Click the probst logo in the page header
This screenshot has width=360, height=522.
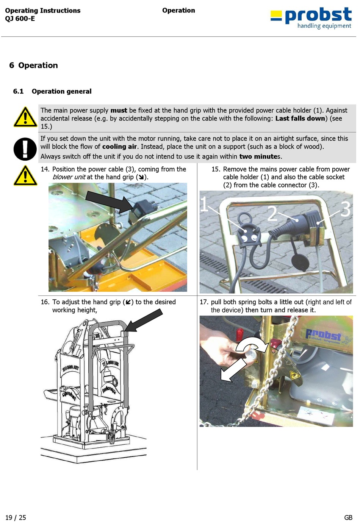[311, 18]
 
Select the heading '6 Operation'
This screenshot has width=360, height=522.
[34, 65]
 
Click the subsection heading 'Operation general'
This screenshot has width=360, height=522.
[61, 91]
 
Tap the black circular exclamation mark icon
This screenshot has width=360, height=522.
[25, 149]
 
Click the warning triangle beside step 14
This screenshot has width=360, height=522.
[25, 176]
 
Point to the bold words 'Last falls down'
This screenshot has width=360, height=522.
[300, 119]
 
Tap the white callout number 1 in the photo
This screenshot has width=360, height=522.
[204, 204]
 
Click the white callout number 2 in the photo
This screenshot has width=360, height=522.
[272, 213]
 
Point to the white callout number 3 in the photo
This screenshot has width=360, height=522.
[346, 209]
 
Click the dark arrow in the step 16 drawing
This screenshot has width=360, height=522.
[143, 320]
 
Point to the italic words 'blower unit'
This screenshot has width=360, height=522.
[69, 177]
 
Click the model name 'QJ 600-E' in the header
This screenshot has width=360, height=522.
[20, 19]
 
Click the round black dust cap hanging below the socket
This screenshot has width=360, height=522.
[300, 262]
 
